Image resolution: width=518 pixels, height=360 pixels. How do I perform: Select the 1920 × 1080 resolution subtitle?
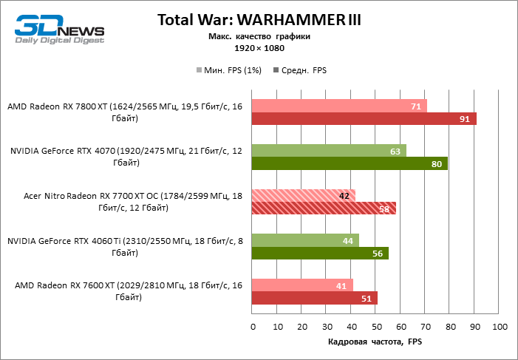tap(259, 48)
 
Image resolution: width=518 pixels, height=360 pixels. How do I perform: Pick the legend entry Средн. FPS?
tap(300, 71)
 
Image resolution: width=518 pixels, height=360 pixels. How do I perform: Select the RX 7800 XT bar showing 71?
tap(339, 106)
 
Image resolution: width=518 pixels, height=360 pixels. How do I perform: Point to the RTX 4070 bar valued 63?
tap(329, 151)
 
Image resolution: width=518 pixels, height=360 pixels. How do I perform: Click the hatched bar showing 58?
tap(324, 208)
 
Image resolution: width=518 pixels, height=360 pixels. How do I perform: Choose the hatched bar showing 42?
tap(304, 196)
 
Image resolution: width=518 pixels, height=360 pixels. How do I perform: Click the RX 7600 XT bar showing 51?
tap(315, 298)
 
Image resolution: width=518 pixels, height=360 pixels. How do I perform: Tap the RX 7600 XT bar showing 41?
tap(302, 285)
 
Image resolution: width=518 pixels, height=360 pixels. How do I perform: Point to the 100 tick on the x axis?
tap(499, 326)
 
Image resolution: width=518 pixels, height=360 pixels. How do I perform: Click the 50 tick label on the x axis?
tap(375, 326)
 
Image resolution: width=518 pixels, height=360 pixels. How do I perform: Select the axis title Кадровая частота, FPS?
tap(375, 342)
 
